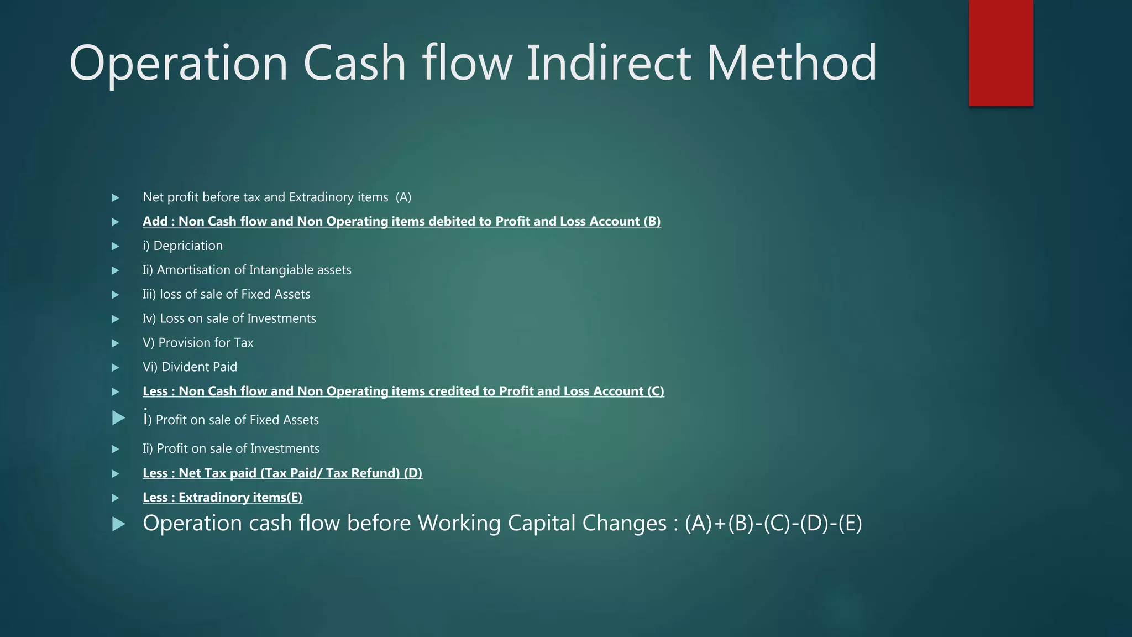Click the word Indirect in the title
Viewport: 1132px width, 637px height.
pos(609,62)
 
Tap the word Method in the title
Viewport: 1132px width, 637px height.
pos(792,62)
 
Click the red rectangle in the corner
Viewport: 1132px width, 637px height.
pos(1000,53)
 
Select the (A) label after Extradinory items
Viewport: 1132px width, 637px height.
pos(403,197)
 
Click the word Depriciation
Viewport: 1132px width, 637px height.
pos(188,246)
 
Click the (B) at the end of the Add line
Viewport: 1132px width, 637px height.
pos(652,222)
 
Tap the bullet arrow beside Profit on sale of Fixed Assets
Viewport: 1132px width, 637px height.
pos(118,418)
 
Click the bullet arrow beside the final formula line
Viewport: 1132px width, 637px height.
pos(118,524)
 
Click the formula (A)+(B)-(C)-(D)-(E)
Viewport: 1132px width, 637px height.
pos(773,524)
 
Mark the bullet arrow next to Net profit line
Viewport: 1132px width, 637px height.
pos(115,197)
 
